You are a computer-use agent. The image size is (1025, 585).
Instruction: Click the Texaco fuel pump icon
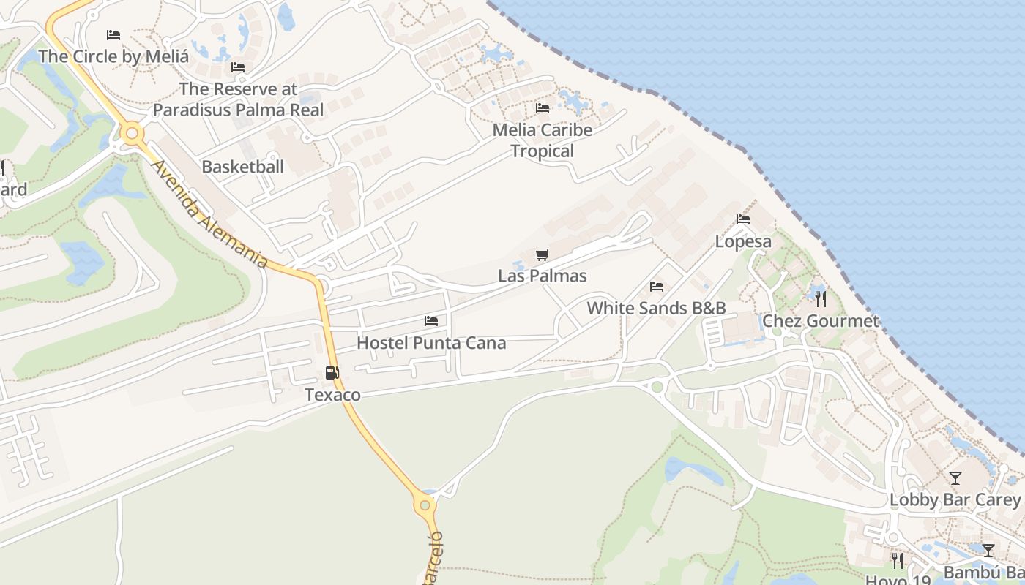[332, 373]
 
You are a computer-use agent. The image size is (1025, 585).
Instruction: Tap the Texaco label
[332, 395]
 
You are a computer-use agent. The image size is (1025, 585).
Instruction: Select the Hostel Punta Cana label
[431, 342]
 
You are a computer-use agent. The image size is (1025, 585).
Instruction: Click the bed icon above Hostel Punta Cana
[431, 320]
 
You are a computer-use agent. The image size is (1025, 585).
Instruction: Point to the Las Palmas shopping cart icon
[542, 254]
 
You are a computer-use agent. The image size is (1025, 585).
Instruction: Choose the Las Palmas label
[542, 276]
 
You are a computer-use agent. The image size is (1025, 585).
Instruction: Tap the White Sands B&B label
[656, 308]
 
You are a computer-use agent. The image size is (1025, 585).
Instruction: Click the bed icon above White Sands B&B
[657, 286]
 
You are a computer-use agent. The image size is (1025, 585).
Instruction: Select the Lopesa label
[743, 241]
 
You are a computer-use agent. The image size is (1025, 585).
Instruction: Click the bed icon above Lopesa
[743, 219]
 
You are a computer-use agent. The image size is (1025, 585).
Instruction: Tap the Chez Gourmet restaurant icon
[821, 298]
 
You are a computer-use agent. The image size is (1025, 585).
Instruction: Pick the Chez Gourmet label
[821, 321]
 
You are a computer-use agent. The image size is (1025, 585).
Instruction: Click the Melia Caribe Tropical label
[543, 140]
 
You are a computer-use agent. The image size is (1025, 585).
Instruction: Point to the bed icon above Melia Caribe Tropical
[543, 107]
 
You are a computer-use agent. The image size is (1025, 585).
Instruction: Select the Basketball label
[242, 167]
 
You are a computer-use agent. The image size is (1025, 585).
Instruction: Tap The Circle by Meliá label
[113, 56]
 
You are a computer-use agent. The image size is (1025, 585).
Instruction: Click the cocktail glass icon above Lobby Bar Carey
[955, 478]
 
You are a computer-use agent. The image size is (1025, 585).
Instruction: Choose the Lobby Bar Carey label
[955, 500]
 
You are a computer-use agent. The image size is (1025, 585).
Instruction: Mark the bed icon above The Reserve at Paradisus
[238, 67]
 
